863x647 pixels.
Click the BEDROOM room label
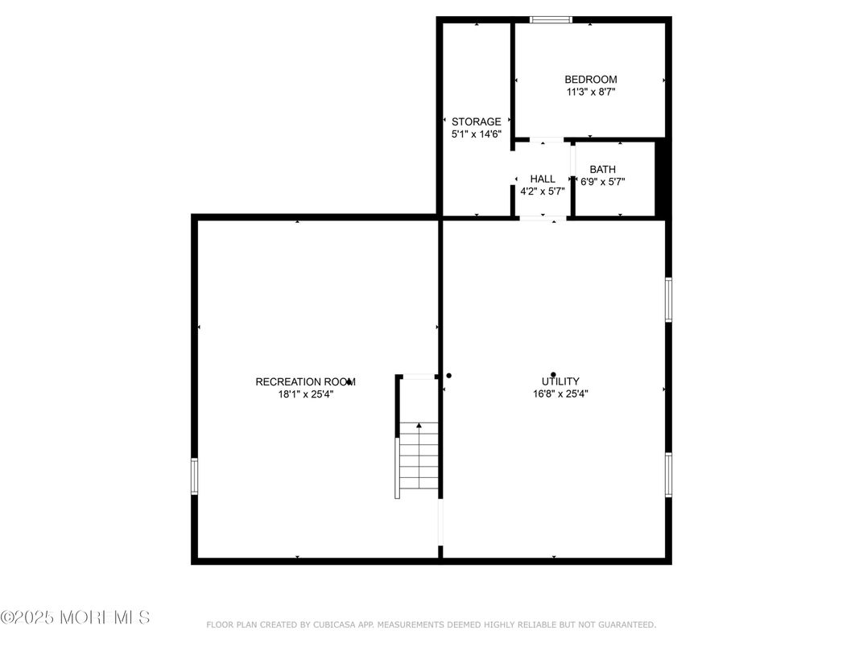(590, 79)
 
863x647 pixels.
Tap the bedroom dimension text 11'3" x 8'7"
(590, 92)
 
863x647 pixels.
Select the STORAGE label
(476, 122)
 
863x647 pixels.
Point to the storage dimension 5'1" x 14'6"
(476, 134)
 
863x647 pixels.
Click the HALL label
(542, 179)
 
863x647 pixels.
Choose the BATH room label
(602, 169)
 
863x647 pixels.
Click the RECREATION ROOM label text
(305, 381)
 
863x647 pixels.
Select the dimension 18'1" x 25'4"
(305, 394)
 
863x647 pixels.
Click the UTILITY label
(560, 381)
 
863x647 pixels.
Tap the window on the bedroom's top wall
(551, 19)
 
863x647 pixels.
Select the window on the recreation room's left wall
(194, 476)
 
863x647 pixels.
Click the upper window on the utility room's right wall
(668, 299)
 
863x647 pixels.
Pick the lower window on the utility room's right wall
(668, 474)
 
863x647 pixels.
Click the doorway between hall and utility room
(542, 217)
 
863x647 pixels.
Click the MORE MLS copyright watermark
(75, 617)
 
